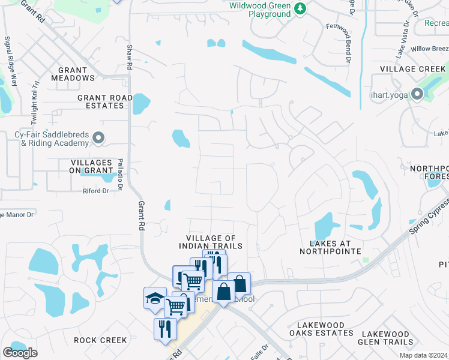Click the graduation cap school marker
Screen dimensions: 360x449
155,298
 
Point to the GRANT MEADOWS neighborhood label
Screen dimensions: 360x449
73,74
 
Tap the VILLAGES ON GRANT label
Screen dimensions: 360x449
92,167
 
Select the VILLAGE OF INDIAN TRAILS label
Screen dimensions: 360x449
210,242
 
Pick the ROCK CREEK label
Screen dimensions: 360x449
100,340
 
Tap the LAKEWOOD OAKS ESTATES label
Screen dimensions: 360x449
317,329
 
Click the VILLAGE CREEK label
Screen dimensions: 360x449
412,69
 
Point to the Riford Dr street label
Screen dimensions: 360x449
95,191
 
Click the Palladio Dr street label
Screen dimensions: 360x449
120,171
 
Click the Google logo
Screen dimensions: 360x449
20,353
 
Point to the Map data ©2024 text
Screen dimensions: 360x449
424,355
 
